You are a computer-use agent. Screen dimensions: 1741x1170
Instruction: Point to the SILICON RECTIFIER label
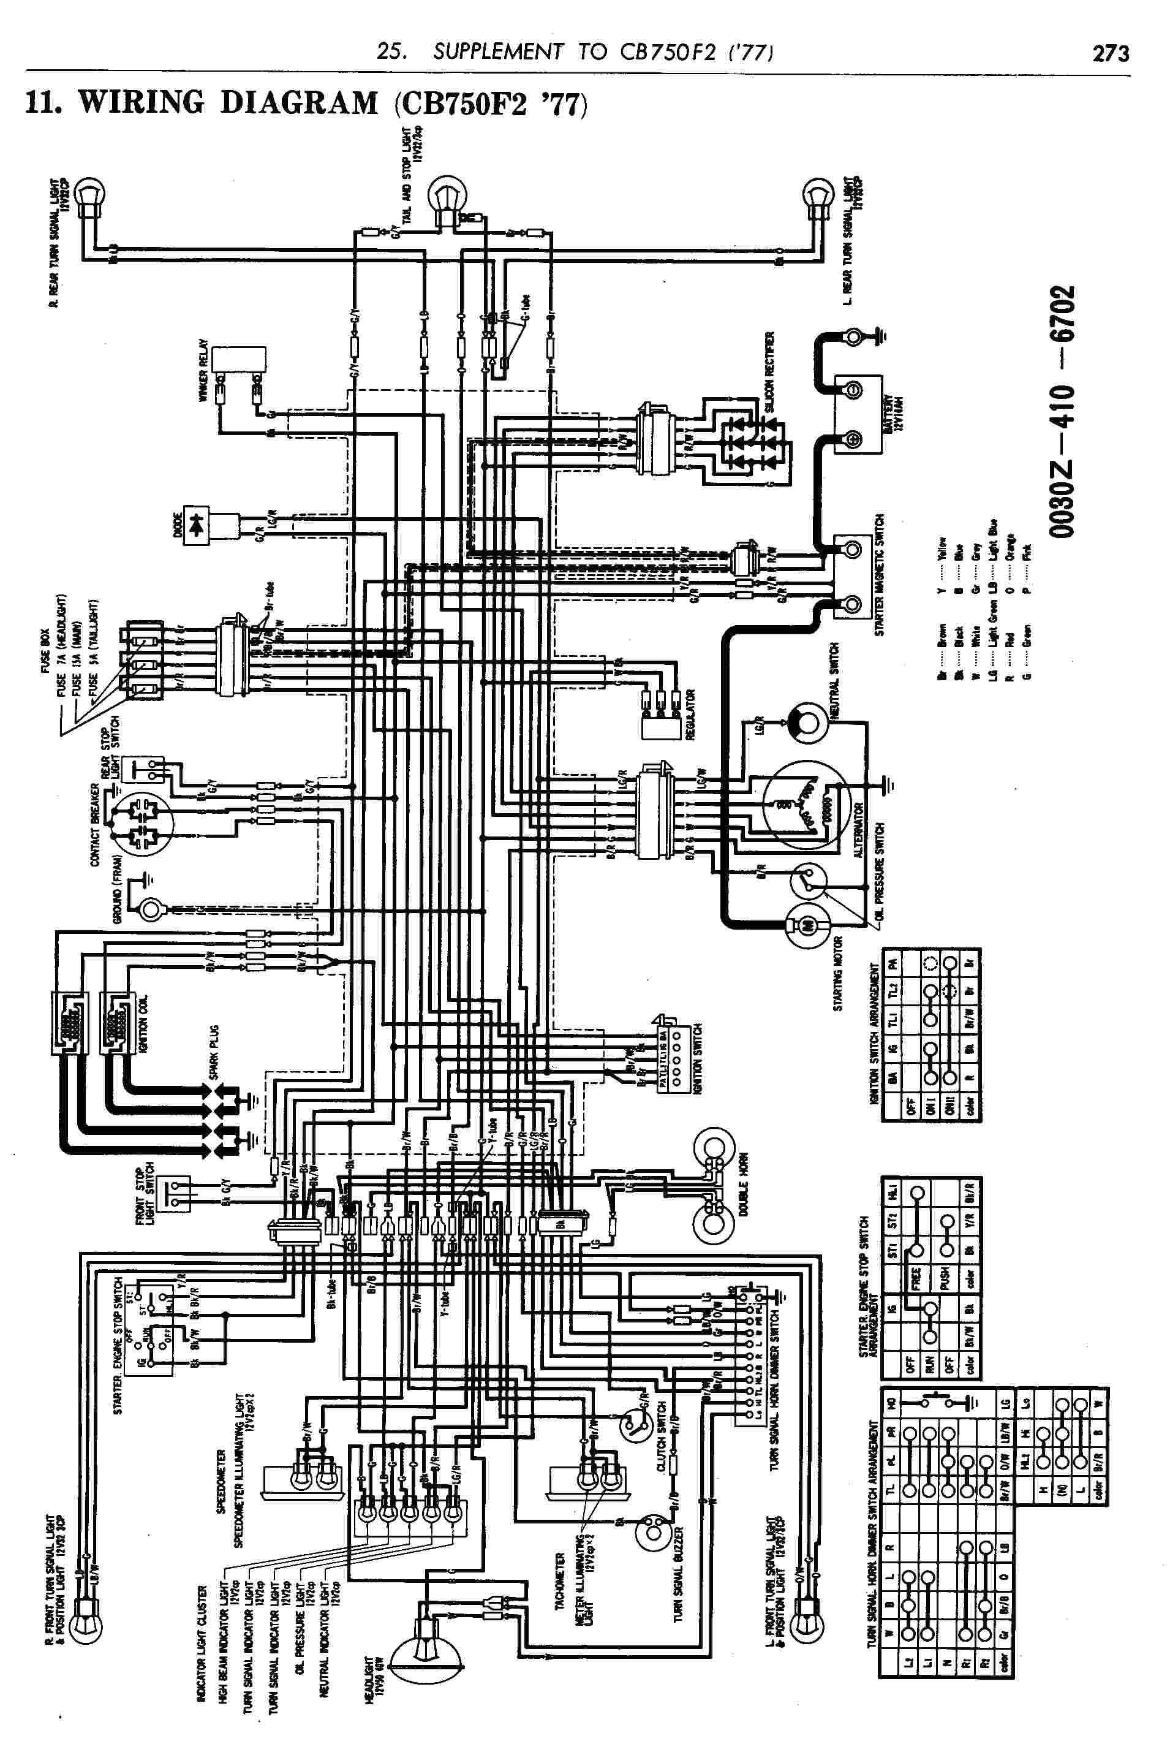point(771,374)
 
